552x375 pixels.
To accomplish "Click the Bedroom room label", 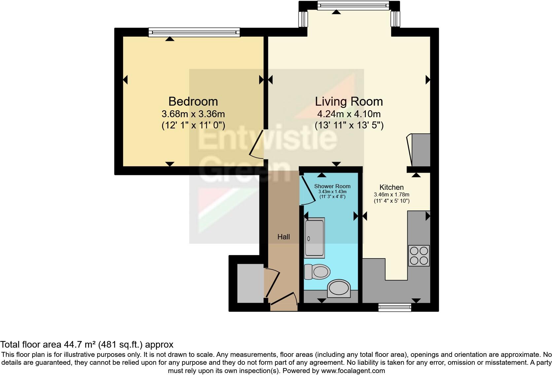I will click(193, 101).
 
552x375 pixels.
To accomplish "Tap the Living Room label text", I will click(349, 101).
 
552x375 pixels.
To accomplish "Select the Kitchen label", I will click(392, 187).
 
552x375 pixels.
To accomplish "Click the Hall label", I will click(284, 237).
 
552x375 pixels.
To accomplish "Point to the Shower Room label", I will click(332, 186).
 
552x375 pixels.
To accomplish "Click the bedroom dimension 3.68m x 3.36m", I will click(193, 114).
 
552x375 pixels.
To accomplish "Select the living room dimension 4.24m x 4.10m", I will click(349, 114).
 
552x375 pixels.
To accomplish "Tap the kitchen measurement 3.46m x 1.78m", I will click(392, 194).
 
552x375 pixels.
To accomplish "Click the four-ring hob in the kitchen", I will click(419, 256).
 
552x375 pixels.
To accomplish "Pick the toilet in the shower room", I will click(317, 272).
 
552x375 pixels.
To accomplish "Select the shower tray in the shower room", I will click(315, 238).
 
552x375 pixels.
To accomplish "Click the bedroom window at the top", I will click(194, 32).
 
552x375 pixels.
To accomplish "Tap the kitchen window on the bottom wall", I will click(395, 307).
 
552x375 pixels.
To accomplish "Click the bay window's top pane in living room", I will click(353, 5).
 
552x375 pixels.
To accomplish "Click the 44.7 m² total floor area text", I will click(86, 345).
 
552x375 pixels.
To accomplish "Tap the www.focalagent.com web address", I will click(353, 371).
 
